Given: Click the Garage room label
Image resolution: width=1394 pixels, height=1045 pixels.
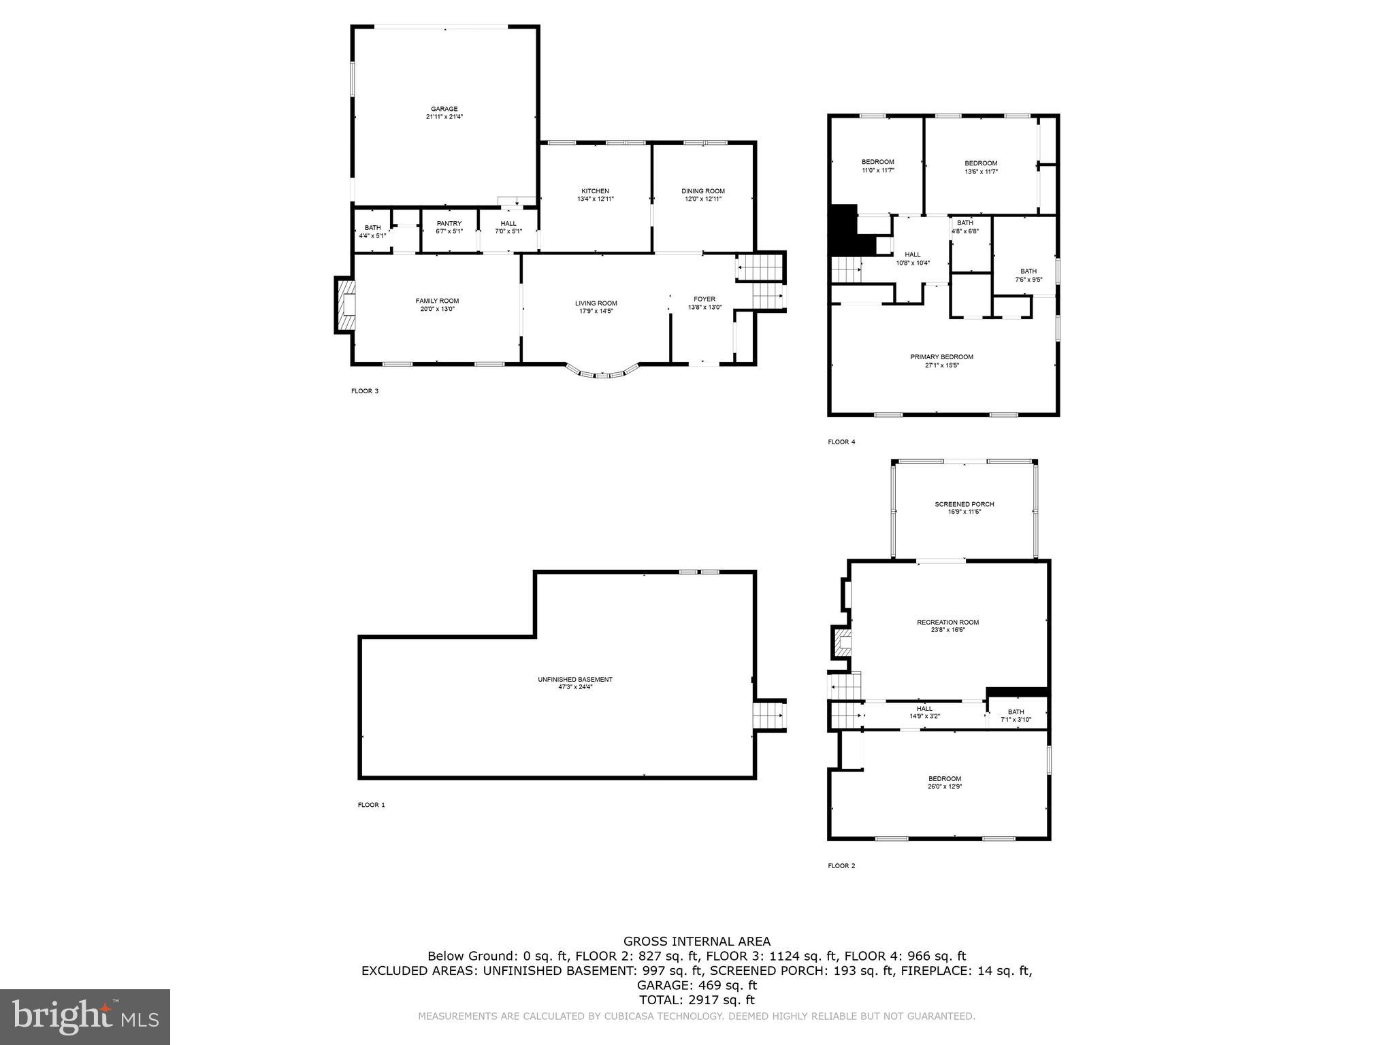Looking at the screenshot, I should [444, 109].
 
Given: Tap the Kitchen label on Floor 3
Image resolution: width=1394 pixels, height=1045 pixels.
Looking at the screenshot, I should [595, 191].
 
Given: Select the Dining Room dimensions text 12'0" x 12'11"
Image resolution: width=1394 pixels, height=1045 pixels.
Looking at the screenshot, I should [703, 199].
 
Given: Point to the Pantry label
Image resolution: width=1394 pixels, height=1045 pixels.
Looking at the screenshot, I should [449, 223].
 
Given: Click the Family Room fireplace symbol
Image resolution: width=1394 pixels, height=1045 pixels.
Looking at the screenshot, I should [346, 304].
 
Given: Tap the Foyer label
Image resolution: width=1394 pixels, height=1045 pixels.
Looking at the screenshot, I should [704, 299].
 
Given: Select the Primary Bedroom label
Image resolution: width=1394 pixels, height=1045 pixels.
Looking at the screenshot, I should [941, 357].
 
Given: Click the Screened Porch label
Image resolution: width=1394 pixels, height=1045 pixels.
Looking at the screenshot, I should [964, 504].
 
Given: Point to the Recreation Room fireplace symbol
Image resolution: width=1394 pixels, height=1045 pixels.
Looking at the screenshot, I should [841, 642].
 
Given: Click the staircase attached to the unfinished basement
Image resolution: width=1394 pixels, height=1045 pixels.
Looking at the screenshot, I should [770, 716].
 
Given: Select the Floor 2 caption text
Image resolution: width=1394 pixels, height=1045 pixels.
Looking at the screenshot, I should [841, 866].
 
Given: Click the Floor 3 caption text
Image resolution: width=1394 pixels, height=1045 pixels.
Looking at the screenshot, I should [364, 391].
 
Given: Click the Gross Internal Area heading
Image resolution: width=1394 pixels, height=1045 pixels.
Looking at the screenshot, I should [697, 942].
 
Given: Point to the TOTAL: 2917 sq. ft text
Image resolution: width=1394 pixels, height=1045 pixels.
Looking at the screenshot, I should [697, 1000].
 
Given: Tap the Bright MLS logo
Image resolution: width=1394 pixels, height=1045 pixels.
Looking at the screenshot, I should [85, 1016].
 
